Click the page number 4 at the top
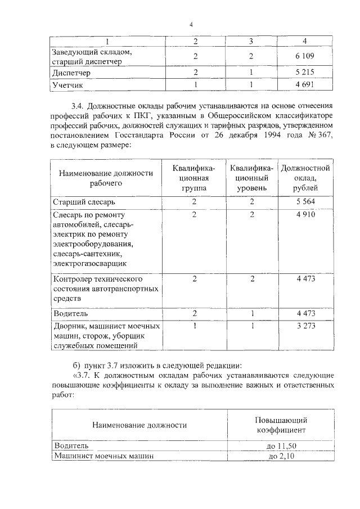[x=191, y=24]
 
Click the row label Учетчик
[x=67, y=85]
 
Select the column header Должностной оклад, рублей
[x=305, y=178]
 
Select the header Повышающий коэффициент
[x=279, y=425]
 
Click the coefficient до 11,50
[x=279, y=445]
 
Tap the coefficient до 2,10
[x=279, y=456]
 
